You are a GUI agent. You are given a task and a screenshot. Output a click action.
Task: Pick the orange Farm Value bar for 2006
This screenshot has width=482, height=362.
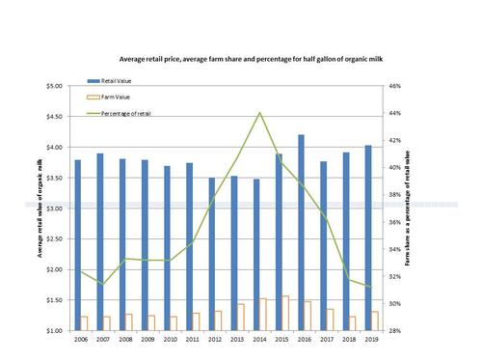click(84, 322)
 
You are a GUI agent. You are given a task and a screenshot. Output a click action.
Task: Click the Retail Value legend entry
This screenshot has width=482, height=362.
click(115, 80)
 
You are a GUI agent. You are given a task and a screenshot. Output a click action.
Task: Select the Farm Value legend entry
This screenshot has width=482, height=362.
click(113, 97)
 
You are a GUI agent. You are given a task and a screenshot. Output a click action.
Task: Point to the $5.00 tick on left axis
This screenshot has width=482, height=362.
click(55, 86)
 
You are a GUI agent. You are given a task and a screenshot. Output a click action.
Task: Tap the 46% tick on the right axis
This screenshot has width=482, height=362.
click(395, 86)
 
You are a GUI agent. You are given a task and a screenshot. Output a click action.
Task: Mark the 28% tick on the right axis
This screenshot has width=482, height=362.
click(395, 330)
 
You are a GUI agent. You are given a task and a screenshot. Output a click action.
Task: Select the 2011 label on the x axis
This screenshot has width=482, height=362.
click(193, 340)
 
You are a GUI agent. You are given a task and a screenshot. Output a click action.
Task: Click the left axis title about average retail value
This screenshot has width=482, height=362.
click(40, 209)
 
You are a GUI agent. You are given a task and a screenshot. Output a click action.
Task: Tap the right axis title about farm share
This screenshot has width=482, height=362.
click(409, 209)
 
